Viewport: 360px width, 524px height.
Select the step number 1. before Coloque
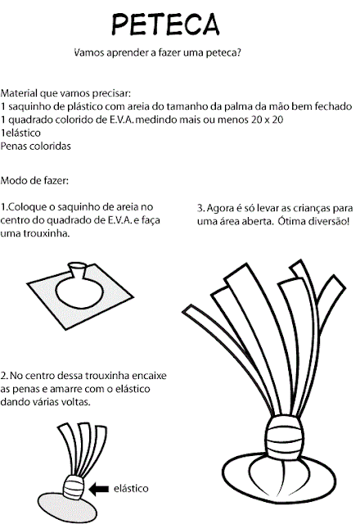pos(5,207)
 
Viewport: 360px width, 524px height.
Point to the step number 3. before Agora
pos(202,208)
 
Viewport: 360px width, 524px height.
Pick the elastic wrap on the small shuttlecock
pos(74,489)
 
